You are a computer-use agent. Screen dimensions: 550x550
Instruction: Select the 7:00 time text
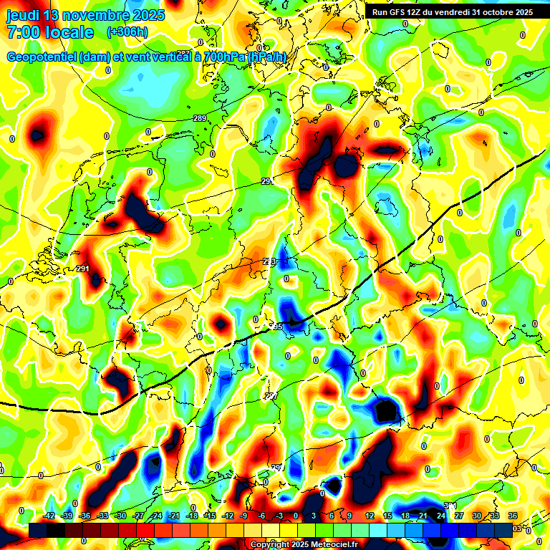26,32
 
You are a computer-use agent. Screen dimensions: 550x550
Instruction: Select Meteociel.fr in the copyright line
333,544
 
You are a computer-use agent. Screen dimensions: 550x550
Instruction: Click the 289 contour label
200,118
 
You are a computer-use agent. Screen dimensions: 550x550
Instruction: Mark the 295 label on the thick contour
276,327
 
